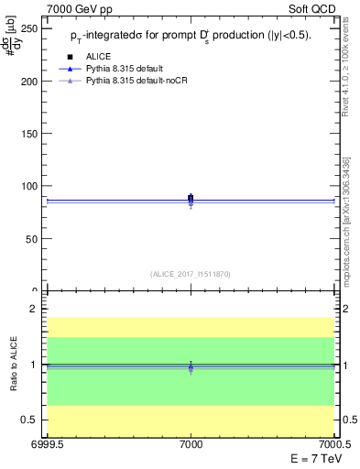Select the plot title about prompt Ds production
(191, 36)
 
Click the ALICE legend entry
(98, 57)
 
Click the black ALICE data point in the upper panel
(191, 197)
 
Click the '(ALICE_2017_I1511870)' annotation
(191, 273)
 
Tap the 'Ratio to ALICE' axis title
(14, 365)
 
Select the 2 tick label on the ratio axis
(37, 309)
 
